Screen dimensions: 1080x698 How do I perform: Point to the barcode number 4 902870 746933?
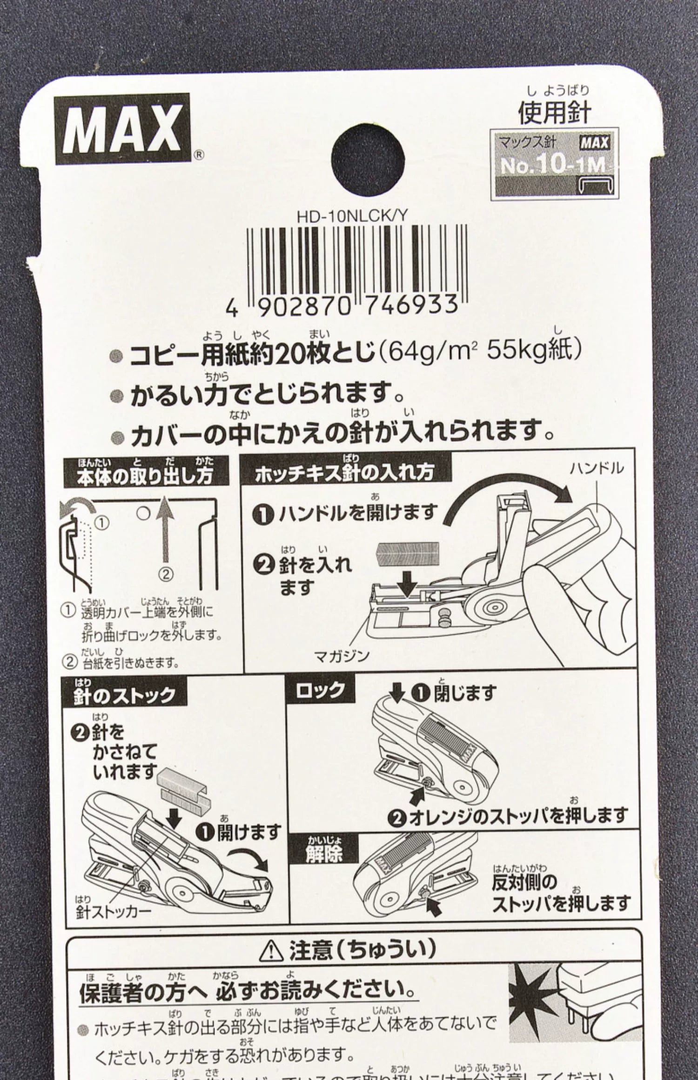pyautogui.click(x=341, y=306)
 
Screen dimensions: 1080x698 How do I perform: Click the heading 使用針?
pyautogui.click(x=554, y=113)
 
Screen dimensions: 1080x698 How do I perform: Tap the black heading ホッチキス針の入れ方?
pyautogui.click(x=345, y=472)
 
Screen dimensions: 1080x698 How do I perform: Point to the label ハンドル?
pyautogui.click(x=597, y=468)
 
